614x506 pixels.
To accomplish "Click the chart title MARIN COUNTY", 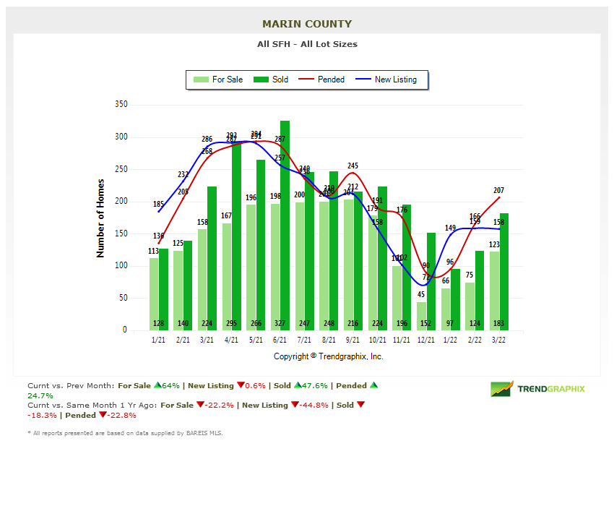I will point(307,24).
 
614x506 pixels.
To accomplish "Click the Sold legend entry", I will point(272,80).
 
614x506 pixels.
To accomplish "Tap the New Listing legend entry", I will point(387,80).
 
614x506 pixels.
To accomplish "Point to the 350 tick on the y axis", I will point(121,105).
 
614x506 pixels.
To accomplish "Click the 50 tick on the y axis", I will point(123,298).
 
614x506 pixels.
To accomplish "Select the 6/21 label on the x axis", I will point(280,340).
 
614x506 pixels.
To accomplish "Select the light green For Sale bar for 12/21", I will point(422,316).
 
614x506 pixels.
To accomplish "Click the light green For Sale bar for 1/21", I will point(154,293).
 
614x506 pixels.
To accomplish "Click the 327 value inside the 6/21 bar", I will point(285,323).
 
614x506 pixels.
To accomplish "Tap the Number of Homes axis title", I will point(101,218).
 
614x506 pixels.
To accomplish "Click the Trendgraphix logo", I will point(537,389).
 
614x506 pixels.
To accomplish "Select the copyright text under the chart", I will point(329,356).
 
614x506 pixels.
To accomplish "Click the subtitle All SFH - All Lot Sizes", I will point(307,44).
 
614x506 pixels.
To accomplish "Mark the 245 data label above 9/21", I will point(353,166).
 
